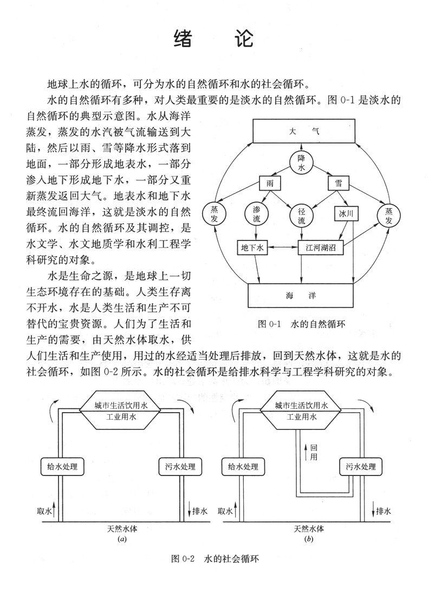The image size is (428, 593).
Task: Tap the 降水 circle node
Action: pos(302,162)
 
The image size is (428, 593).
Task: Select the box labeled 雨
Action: pos(270,184)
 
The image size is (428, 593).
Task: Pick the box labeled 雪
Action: pos(338,184)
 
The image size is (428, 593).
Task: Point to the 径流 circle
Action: pos(302,216)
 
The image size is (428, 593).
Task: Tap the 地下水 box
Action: pos(252,247)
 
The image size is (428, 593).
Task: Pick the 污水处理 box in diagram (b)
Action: pos(358,466)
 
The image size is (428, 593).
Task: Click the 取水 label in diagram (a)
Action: pos(44,511)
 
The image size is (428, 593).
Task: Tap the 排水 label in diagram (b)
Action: pos(383,511)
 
